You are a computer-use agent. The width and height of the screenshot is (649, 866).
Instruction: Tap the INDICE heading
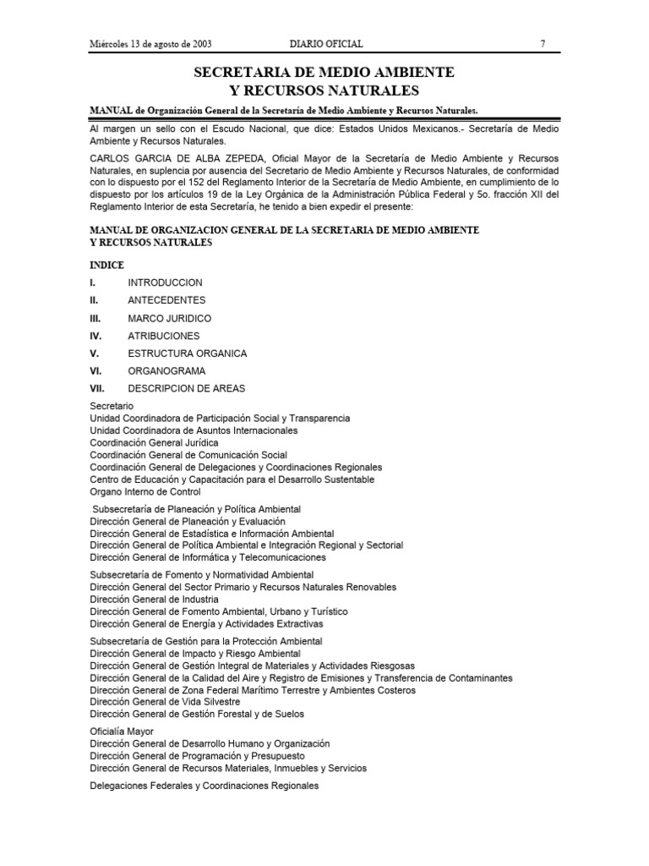click(x=106, y=265)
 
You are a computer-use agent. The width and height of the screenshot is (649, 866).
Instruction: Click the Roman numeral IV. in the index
click(x=95, y=336)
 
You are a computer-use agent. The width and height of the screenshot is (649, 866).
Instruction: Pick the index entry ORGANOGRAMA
click(x=166, y=371)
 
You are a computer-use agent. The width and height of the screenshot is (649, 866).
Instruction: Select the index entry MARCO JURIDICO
click(x=169, y=319)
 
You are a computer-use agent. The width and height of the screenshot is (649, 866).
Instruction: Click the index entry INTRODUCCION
click(x=165, y=282)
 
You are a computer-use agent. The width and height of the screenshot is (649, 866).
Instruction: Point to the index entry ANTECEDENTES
click(x=166, y=300)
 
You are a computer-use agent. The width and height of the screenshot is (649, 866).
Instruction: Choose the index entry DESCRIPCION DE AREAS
click(x=187, y=389)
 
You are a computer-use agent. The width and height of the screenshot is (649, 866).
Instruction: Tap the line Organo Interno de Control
click(x=145, y=491)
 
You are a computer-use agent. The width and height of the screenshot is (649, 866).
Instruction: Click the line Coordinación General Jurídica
click(x=154, y=442)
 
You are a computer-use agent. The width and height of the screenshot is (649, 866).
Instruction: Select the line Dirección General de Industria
click(x=148, y=599)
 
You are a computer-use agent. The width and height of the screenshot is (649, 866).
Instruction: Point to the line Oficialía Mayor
click(x=122, y=731)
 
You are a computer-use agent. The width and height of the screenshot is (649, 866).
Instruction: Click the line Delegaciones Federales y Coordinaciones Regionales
click(x=204, y=786)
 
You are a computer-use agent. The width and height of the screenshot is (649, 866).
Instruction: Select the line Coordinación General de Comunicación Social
click(x=188, y=455)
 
